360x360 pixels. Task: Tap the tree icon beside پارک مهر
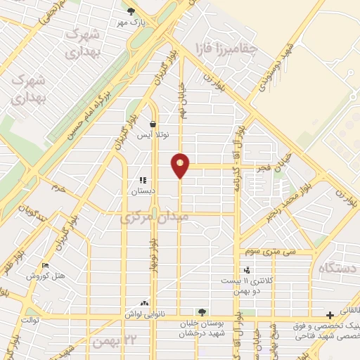tap(131, 11)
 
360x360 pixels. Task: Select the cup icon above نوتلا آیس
tap(153, 124)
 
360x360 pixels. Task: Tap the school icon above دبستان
tap(143, 180)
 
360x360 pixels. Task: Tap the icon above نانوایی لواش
tap(145, 303)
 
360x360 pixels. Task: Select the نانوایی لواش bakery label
tap(145, 314)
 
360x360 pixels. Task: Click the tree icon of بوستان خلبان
tap(202, 311)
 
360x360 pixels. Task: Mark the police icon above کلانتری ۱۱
tap(246, 269)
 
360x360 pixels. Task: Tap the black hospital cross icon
tap(330, 314)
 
